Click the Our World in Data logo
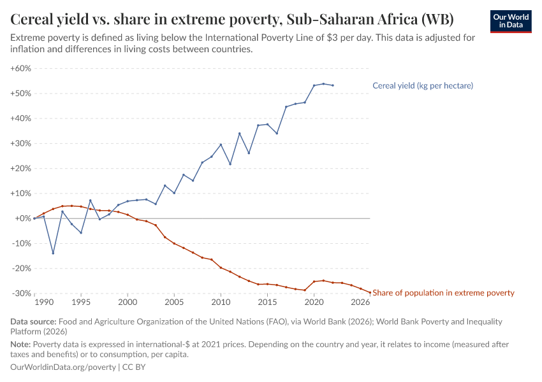coord(510,22)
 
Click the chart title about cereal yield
coord(232,18)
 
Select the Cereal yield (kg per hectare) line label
coord(422,85)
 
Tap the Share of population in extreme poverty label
coord(443,293)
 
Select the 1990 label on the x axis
coord(43,302)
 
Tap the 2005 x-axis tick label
coord(174,302)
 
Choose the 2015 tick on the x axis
coord(267,302)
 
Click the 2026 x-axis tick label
coord(361,302)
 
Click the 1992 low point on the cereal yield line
coord(53,253)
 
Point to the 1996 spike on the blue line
coord(90,201)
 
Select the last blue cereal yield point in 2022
coord(333,85)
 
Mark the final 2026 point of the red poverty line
coord(370,292)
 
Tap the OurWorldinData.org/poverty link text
coord(63,367)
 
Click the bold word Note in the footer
coord(22,344)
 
